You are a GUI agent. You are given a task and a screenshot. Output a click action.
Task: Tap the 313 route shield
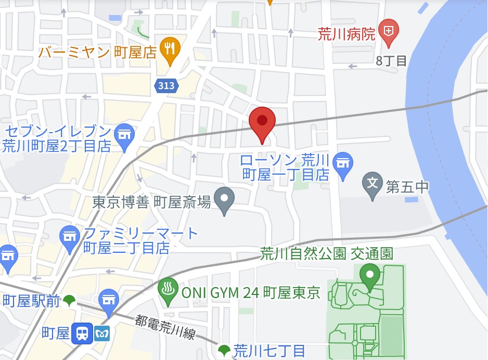coord(166,85)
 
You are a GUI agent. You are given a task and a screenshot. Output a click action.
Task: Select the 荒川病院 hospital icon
coord(388,31)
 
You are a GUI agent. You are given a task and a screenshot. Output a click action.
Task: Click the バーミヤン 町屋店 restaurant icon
coord(170,49)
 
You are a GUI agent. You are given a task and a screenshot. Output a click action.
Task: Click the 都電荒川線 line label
coord(165,328)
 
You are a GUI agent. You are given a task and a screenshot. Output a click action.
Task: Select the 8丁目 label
coord(391,60)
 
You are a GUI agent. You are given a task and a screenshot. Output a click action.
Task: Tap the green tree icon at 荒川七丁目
coord(224,350)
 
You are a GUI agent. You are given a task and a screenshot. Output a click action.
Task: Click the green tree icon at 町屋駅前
coord(69,300)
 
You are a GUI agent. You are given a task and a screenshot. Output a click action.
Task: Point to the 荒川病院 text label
coord(346,34)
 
